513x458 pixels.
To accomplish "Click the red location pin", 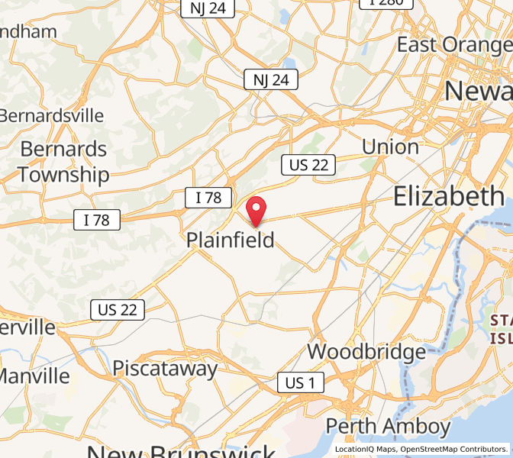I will (256, 209).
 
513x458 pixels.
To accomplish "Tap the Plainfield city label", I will (231, 240).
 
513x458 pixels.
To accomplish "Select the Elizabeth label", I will (449, 197).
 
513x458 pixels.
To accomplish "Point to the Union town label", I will (390, 147).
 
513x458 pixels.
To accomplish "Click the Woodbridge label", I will (366, 352).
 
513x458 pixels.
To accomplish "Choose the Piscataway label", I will (165, 369).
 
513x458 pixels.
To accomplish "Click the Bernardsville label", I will (51, 115).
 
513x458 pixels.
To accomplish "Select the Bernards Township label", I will (63, 161).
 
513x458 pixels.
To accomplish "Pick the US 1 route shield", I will (300, 382).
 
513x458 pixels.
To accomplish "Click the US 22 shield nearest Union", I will (308, 164).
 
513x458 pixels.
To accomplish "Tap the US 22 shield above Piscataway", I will (118, 309).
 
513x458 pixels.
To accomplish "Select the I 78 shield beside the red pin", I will (208, 198).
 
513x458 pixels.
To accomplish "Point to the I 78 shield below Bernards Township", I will (97, 221).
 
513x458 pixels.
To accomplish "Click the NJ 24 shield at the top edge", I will (208, 8).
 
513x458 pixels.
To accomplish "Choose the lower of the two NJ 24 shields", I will (271, 79).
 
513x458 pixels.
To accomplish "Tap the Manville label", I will (35, 376).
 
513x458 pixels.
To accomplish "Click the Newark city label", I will (479, 91).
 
